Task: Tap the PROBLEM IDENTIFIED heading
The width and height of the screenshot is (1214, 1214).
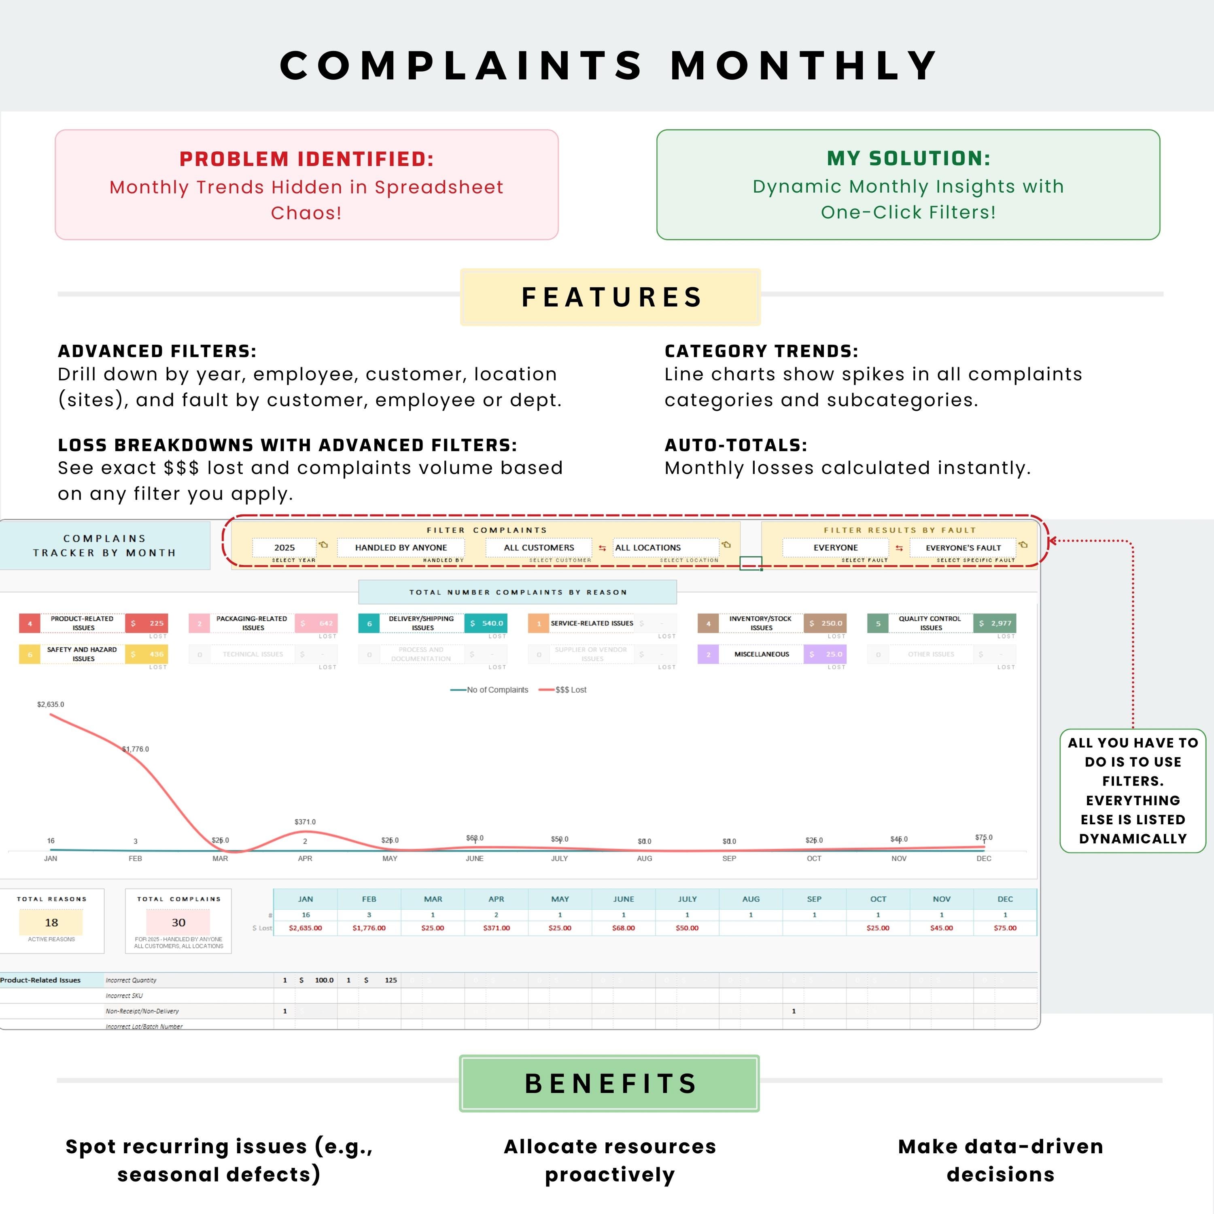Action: tap(307, 159)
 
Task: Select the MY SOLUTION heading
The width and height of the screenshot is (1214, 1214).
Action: tap(908, 158)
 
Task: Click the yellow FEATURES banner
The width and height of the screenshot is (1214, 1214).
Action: tap(610, 297)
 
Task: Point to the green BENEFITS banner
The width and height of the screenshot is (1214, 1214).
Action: tap(609, 1083)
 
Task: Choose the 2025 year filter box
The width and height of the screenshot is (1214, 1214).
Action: tap(284, 547)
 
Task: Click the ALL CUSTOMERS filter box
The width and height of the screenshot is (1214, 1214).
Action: tap(539, 547)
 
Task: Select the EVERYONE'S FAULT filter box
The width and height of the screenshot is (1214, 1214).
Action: tap(963, 547)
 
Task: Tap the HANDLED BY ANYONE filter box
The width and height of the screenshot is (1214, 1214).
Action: tap(401, 547)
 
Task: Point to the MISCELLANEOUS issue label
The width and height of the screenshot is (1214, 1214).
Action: tap(762, 654)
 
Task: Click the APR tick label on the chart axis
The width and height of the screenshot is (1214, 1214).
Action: tap(305, 858)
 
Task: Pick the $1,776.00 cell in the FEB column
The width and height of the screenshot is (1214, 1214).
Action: tap(369, 928)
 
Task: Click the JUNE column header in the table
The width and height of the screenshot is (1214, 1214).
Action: tap(623, 899)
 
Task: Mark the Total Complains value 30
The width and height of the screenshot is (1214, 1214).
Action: tap(178, 923)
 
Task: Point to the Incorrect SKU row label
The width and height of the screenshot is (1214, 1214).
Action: tap(124, 996)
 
